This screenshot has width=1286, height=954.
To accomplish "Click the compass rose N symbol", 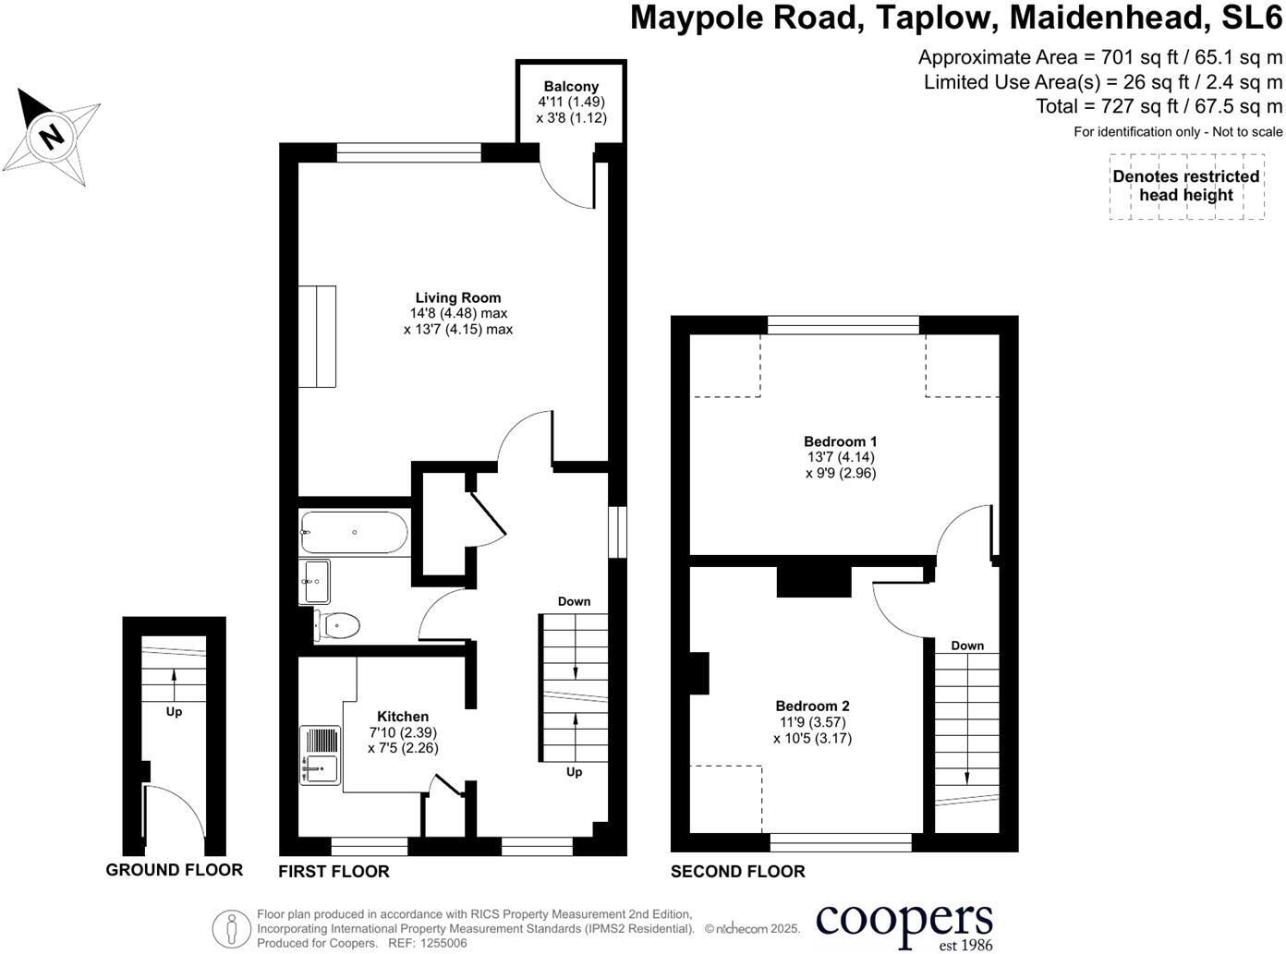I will click(x=53, y=136).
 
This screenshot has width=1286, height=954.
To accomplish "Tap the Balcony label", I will click(x=571, y=86).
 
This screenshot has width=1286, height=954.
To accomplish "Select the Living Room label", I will click(x=458, y=297).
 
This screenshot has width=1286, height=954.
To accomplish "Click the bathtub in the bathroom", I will click(x=354, y=533).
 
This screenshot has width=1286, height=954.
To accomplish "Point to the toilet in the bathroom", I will click(x=338, y=625).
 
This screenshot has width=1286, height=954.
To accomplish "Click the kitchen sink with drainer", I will click(x=321, y=755).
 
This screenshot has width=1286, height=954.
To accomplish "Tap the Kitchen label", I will click(x=403, y=717).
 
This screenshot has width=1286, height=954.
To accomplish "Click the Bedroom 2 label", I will click(x=812, y=706).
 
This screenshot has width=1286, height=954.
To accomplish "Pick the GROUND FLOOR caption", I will click(x=174, y=870).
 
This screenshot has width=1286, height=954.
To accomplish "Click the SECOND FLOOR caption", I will click(x=737, y=871).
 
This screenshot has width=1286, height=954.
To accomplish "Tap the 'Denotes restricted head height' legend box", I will click(x=1186, y=186).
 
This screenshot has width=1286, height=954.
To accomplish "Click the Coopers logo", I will click(x=904, y=923).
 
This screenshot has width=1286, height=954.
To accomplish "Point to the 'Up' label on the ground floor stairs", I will click(x=174, y=712).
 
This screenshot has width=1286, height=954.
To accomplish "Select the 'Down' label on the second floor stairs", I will click(x=967, y=646).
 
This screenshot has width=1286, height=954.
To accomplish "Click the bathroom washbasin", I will click(x=315, y=582).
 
